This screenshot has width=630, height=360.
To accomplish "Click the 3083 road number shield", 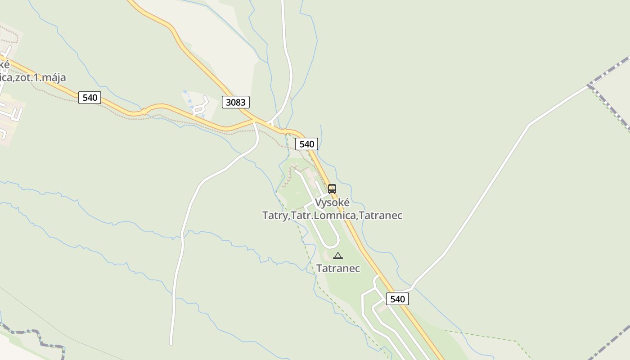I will click(235, 102).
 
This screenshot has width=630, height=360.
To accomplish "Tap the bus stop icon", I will click(332, 189).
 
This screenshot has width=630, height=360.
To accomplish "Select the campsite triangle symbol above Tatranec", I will click(337, 256).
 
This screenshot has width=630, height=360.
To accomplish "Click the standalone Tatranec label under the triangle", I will click(337, 268).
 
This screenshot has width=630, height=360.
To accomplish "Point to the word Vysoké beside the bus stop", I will click(332, 202).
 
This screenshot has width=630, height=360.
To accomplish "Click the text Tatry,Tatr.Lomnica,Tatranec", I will click(332, 216).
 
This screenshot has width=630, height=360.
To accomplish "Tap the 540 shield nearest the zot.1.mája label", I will click(90, 97).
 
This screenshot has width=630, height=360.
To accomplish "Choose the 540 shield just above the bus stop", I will click(306, 144).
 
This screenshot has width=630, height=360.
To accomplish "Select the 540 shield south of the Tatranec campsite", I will click(397, 299).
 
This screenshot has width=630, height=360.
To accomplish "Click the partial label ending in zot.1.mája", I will click(34, 77).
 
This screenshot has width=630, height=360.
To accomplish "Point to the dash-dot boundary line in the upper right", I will click(610, 70).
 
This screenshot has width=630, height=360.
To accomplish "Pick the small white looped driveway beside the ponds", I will click(201, 106).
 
